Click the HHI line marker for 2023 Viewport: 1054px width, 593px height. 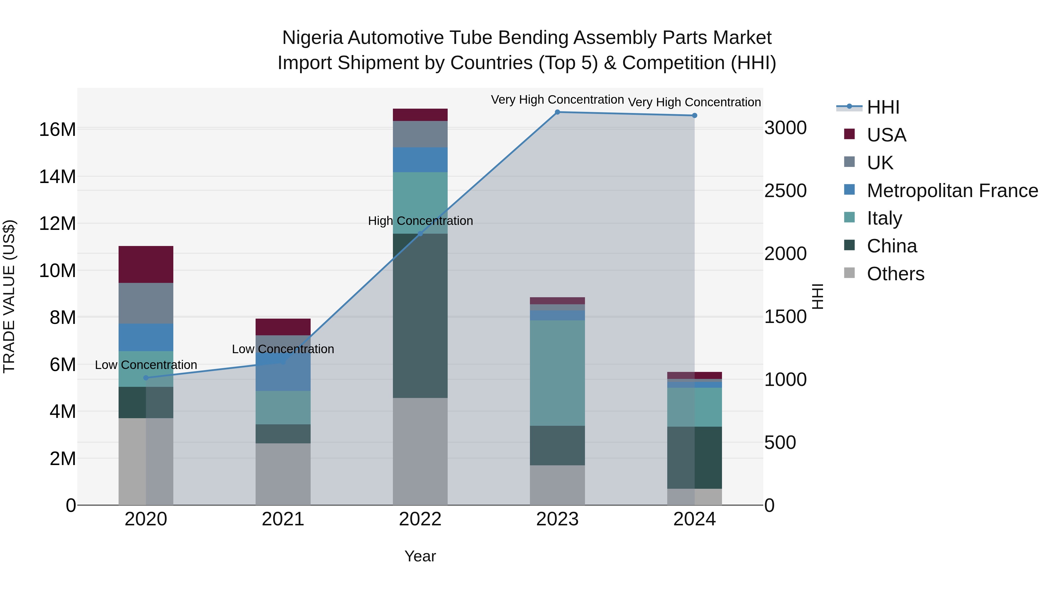point(557,112)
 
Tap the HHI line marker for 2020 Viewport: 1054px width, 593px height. point(146,378)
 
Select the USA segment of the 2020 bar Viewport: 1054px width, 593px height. point(146,264)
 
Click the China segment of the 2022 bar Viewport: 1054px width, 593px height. point(420,315)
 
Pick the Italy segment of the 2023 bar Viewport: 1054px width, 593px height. point(557,373)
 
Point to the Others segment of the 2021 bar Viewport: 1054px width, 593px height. point(283,474)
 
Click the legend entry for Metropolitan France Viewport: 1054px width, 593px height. point(952,191)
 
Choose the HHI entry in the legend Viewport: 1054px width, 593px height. point(883,107)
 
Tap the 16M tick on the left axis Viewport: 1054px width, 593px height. point(57,130)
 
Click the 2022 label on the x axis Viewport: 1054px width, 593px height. point(420,519)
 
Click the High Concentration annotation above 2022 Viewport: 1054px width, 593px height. point(420,221)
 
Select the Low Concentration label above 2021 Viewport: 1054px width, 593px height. point(283,349)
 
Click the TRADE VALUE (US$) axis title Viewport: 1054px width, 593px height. point(9,296)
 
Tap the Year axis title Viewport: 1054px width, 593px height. point(420,556)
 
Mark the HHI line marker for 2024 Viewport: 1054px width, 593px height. point(694,116)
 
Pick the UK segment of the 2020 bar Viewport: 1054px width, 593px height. point(146,303)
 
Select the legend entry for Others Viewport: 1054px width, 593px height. point(895,274)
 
